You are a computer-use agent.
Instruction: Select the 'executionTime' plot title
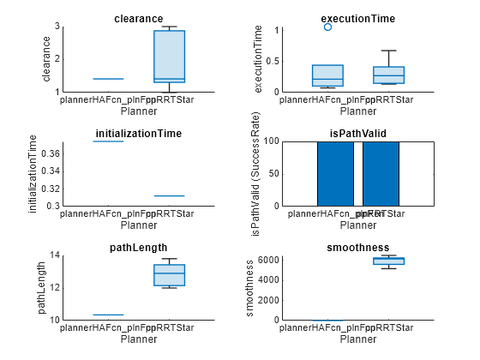coord(357,18)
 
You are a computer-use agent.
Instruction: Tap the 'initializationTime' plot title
coord(139,134)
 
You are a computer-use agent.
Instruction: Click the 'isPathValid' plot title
coord(357,134)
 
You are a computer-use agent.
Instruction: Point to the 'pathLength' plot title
coord(139,248)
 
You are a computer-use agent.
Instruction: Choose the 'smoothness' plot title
coord(357,248)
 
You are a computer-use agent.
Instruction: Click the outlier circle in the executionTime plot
coord(328,27)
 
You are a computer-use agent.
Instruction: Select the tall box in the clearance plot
coord(169,57)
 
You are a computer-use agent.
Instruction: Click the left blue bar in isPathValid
coord(335,173)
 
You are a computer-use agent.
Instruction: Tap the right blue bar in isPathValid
coord(381,173)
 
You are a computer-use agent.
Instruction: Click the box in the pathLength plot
coord(169,274)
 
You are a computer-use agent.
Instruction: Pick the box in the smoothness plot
coord(388,261)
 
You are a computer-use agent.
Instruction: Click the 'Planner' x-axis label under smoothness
coord(357,339)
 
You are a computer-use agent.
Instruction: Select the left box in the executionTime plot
coord(328,75)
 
